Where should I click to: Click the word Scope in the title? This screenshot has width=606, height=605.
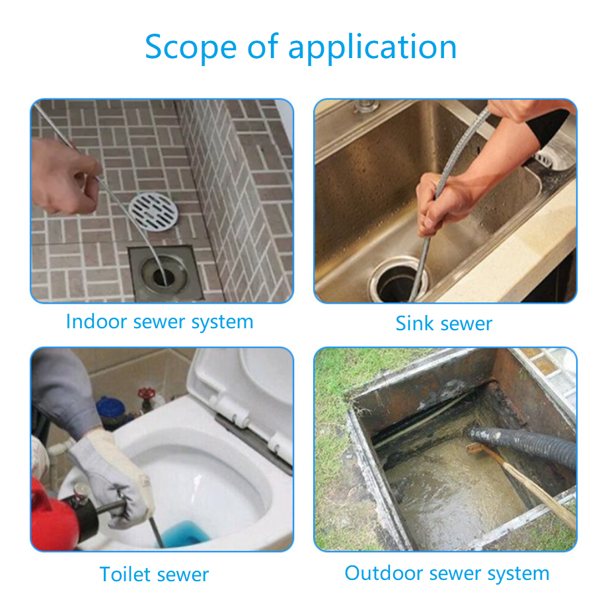(190, 46)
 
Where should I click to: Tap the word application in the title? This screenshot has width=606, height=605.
(373, 48)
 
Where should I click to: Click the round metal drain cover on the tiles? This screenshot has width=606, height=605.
(153, 212)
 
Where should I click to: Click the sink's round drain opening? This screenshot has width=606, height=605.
(398, 281)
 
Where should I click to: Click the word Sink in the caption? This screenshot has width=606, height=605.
(415, 323)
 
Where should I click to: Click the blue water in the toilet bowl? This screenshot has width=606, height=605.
(185, 533)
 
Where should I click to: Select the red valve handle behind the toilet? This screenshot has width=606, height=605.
(146, 394)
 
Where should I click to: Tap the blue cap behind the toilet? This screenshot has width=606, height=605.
(110, 409)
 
